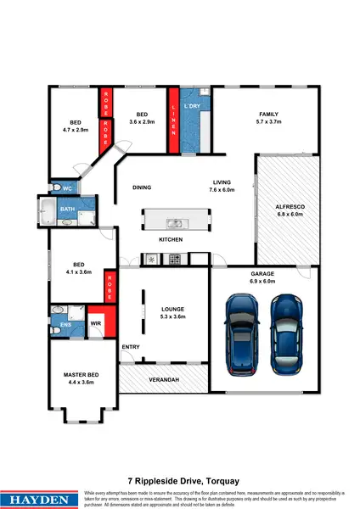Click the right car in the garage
(288, 329)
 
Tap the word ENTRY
(131, 347)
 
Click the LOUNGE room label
(173, 309)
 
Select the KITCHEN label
(172, 241)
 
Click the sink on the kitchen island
(174, 224)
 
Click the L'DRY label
(192, 108)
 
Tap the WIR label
(96, 323)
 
